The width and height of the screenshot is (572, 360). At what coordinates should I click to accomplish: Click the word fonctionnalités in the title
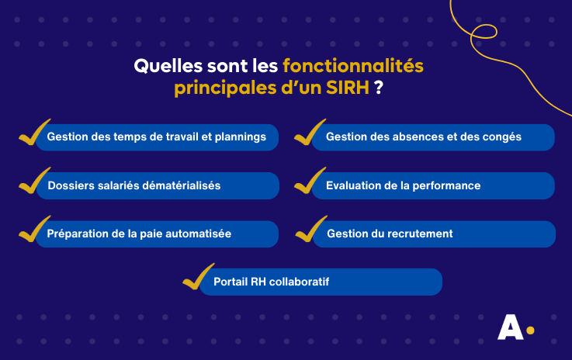[x=353, y=66]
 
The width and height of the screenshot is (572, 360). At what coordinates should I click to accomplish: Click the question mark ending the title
[x=378, y=88]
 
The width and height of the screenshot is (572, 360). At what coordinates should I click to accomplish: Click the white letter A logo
[x=509, y=328]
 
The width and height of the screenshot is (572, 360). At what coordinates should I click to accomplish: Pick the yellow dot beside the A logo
[x=530, y=331]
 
